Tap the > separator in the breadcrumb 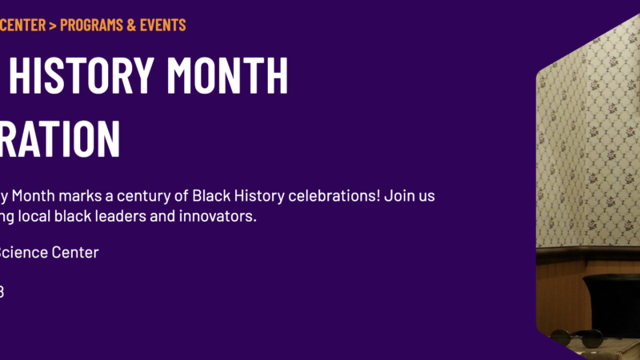pyautogui.click(x=53, y=25)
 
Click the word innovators pyautogui.click(x=222, y=217)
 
